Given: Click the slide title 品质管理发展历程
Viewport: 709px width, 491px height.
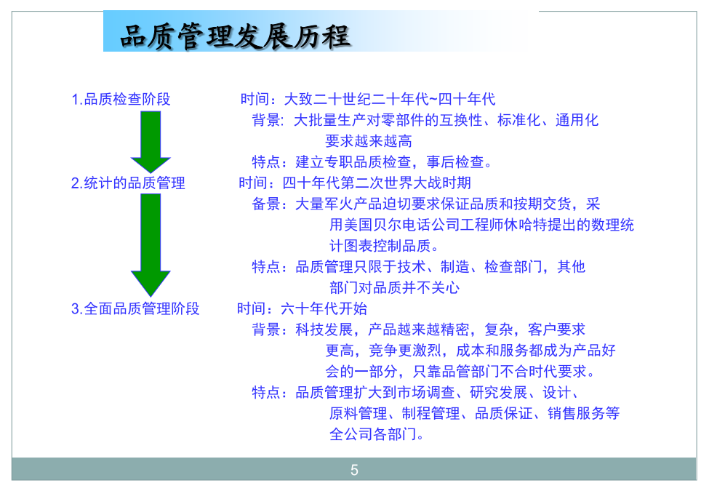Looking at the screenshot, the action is coord(235,36).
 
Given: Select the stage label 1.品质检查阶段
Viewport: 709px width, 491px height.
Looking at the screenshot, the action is coord(121,99).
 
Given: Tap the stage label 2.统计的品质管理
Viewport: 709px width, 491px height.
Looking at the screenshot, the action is coord(128,183).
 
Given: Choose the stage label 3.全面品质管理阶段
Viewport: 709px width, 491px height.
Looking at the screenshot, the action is coord(135,309).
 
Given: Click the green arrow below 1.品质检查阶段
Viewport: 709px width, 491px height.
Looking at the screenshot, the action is coord(151,142).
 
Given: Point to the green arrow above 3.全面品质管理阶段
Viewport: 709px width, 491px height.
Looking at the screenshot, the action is coord(151,245).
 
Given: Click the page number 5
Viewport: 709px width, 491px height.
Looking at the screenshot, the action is coord(355,470).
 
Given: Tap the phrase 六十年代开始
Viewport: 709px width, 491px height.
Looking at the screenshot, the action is coord(324,309).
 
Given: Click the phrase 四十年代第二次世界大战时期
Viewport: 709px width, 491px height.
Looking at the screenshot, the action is coord(377,183).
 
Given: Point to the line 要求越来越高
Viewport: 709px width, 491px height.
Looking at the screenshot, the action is coord(369,141).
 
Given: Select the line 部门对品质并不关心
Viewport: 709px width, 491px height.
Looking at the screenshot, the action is coord(394,287).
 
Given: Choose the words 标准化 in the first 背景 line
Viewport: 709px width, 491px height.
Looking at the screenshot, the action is coord(518,120).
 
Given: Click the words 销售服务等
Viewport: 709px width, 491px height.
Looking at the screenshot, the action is coord(583,413).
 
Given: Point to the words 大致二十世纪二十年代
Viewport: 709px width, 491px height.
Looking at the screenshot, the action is coord(356,99).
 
